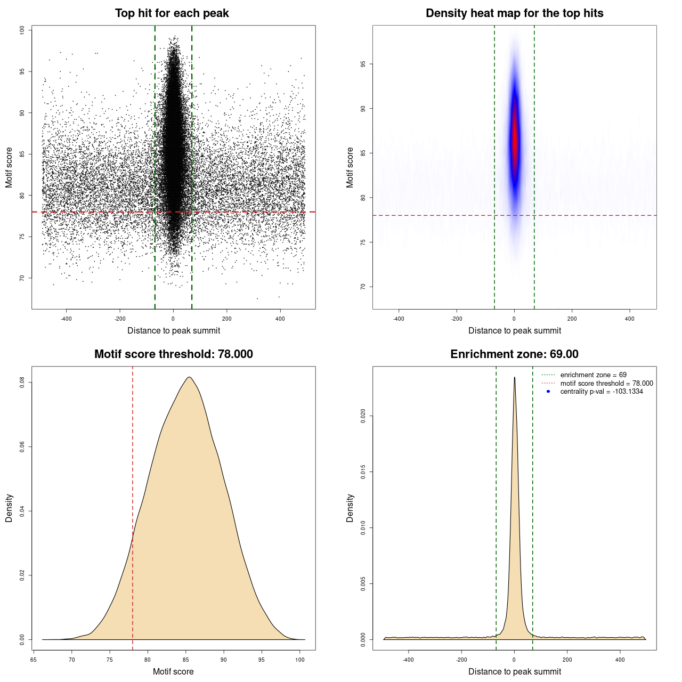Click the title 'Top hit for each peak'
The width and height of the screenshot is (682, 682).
click(x=172, y=13)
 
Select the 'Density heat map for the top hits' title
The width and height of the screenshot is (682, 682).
click(x=514, y=13)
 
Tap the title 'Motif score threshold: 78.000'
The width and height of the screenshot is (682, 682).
click(x=173, y=354)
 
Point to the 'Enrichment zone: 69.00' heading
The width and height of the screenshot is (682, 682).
click(x=514, y=354)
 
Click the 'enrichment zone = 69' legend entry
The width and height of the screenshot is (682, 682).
click(x=593, y=375)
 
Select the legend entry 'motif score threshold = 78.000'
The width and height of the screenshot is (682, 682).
click(x=606, y=383)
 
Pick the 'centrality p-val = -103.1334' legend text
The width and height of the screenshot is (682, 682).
click(x=602, y=392)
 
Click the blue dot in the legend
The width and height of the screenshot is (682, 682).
click(x=548, y=392)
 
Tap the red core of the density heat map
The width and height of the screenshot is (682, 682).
click(x=515, y=141)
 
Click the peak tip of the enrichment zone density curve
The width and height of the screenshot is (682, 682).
click(x=514, y=378)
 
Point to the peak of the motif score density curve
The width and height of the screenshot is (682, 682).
click(x=189, y=378)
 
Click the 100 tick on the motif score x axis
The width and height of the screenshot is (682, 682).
click(x=300, y=660)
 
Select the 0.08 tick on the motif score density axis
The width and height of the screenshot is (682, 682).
click(x=22, y=382)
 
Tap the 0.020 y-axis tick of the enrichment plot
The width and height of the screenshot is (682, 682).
click(x=363, y=416)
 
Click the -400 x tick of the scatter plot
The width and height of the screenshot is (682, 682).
click(x=66, y=319)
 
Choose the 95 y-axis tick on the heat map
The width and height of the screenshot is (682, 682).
click(x=363, y=64)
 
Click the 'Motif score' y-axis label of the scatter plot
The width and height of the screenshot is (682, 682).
click(x=9, y=167)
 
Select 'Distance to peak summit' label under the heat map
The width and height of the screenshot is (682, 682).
click(x=514, y=331)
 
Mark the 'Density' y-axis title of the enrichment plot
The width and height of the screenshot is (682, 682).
click(x=350, y=508)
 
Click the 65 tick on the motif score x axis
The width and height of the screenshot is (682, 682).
click(x=34, y=660)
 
